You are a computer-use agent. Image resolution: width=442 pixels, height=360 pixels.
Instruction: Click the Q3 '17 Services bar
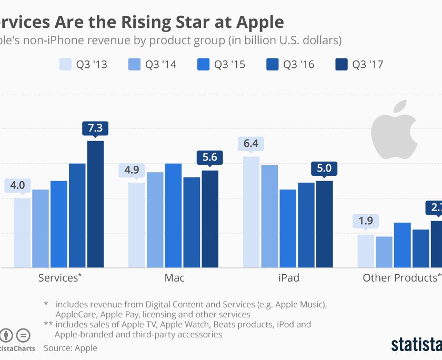pyautogui.click(x=95, y=204)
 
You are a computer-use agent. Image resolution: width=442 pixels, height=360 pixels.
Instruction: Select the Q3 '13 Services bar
pyautogui.click(x=22, y=233)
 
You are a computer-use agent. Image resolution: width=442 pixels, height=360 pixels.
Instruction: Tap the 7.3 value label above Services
pyautogui.click(x=95, y=128)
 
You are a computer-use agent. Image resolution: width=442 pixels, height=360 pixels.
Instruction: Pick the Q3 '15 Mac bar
pyautogui.click(x=173, y=215)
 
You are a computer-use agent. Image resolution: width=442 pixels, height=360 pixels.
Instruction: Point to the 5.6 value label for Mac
pyautogui.click(x=210, y=157)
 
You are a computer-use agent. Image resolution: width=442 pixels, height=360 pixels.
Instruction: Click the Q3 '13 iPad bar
pyautogui.click(x=251, y=212)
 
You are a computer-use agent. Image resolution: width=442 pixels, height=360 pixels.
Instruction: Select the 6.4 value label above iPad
pyautogui.click(x=251, y=144)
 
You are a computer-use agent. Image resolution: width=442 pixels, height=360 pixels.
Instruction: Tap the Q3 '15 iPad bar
pyautogui.click(x=288, y=228)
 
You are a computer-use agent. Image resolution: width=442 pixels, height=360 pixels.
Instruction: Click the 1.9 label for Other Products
pyautogui.click(x=366, y=221)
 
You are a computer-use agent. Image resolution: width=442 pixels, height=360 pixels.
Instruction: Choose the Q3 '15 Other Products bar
pyautogui.click(x=403, y=245)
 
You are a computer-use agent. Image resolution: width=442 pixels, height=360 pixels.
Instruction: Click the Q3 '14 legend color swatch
pyautogui.click(x=134, y=65)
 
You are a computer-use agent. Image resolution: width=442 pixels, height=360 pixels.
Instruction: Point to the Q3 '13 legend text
pyautogui.click(x=91, y=65)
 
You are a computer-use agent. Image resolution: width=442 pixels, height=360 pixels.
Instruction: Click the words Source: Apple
pyautogui.click(x=71, y=348)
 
